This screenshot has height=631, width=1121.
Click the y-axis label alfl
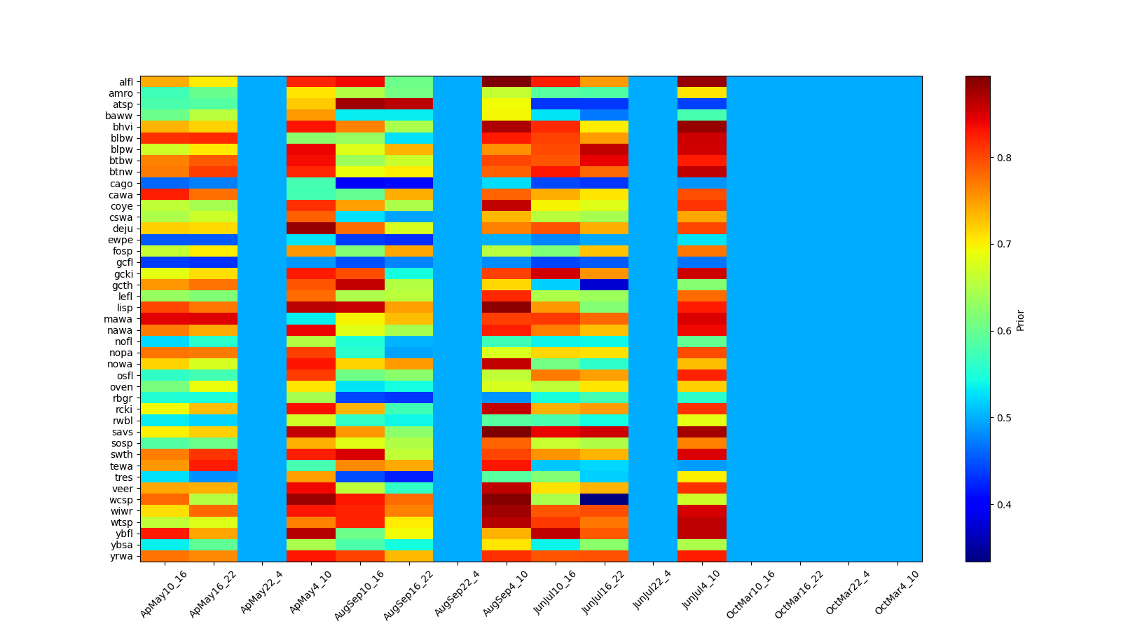coord(125,82)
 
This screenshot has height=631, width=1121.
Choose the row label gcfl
coord(123,263)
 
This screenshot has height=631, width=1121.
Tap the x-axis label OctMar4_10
coord(898,593)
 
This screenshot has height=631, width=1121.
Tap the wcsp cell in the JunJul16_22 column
coord(605,500)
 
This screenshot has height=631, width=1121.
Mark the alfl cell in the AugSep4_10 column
coord(507,82)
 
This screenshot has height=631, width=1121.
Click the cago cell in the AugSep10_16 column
coord(360,184)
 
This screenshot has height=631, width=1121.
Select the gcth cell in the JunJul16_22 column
coord(605,285)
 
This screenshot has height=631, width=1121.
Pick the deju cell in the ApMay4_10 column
coord(311,229)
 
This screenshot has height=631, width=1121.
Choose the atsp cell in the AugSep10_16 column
coord(360,104)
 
